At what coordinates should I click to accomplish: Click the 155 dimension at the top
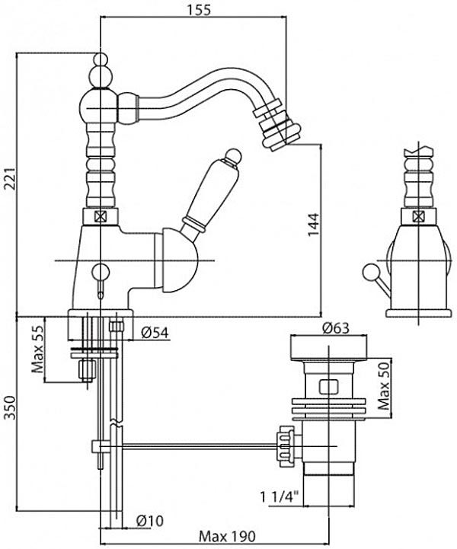click(199, 9)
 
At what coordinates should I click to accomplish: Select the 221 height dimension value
click(10, 179)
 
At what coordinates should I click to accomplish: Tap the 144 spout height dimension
click(314, 225)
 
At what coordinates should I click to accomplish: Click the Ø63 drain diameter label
click(335, 328)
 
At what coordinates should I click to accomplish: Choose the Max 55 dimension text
click(38, 349)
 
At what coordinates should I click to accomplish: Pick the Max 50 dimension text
click(384, 386)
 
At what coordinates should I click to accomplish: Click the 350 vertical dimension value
click(10, 408)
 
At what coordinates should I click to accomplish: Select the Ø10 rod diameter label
click(149, 521)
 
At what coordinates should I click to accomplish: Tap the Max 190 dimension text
click(227, 536)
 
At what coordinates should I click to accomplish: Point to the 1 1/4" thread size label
click(279, 496)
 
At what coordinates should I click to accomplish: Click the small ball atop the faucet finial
click(100, 59)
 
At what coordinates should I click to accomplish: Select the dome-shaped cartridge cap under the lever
click(177, 260)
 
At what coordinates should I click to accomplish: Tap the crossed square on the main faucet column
click(100, 218)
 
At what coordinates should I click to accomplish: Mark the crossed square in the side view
click(418, 218)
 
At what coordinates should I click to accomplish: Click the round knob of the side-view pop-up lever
click(369, 273)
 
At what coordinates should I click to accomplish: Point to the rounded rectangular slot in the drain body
click(329, 387)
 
